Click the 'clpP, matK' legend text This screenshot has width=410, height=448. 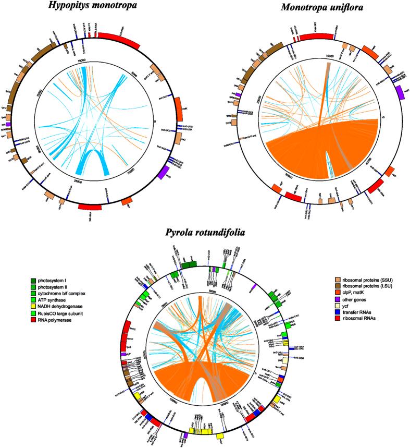point(356,299)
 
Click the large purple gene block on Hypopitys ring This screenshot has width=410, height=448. point(164,173)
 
